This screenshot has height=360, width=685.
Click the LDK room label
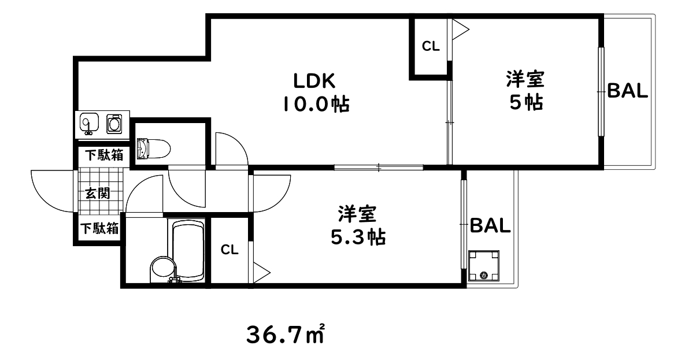pos(315,79)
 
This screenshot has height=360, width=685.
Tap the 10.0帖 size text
pos(316,104)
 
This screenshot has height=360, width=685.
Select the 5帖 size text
pos(525,102)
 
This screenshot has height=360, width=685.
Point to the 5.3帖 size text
pos(358,237)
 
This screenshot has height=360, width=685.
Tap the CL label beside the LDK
pos(430,47)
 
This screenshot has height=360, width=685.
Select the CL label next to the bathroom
pos(229,250)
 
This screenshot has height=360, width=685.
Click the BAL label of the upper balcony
pos(627,91)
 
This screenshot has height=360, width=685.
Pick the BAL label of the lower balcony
pos(490,225)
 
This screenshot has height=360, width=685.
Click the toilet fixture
pos(154,149)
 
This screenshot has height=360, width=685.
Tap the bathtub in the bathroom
pos(188,249)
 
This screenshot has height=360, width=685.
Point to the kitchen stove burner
pos(114,123)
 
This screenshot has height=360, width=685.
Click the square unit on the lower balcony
pos(484,265)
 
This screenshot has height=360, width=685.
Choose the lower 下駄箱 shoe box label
pos(99,229)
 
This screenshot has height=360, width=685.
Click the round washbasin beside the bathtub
pos(162,270)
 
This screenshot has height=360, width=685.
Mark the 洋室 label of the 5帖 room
pos(525,78)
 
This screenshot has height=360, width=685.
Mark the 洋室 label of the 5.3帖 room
pos(358,214)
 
